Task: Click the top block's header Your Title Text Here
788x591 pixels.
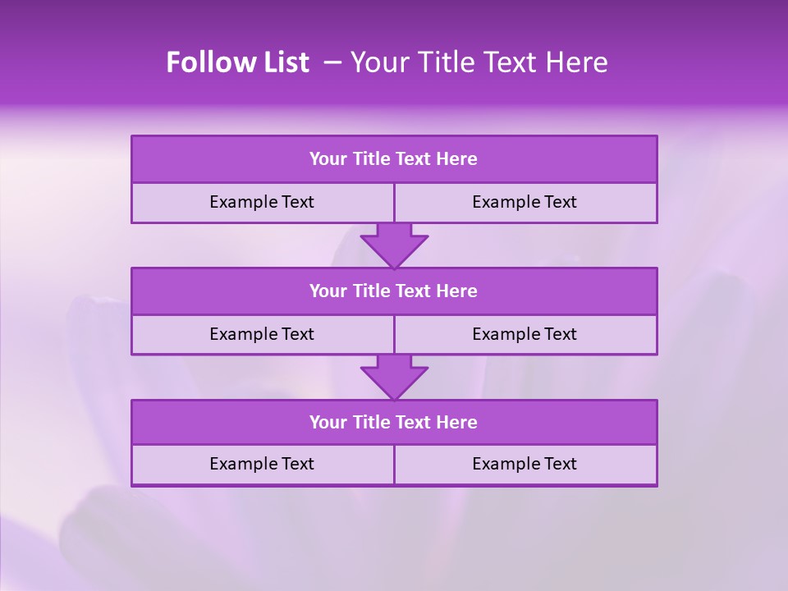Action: point(393,159)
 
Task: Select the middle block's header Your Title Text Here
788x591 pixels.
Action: point(393,291)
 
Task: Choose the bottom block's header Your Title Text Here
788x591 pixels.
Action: point(393,422)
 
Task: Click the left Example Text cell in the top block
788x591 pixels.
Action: point(262,202)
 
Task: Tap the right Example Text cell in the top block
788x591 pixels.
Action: point(525,202)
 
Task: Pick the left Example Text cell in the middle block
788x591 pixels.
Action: point(262,334)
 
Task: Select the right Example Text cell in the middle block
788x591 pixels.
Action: point(525,334)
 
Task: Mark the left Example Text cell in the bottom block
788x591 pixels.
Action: point(262,464)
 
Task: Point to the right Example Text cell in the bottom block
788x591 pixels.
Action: point(525,464)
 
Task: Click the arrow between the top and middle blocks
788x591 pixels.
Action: point(394,245)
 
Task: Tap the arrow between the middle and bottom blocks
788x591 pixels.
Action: point(394,377)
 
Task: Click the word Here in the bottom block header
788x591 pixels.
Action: point(457,422)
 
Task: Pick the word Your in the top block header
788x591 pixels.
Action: point(328,159)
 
